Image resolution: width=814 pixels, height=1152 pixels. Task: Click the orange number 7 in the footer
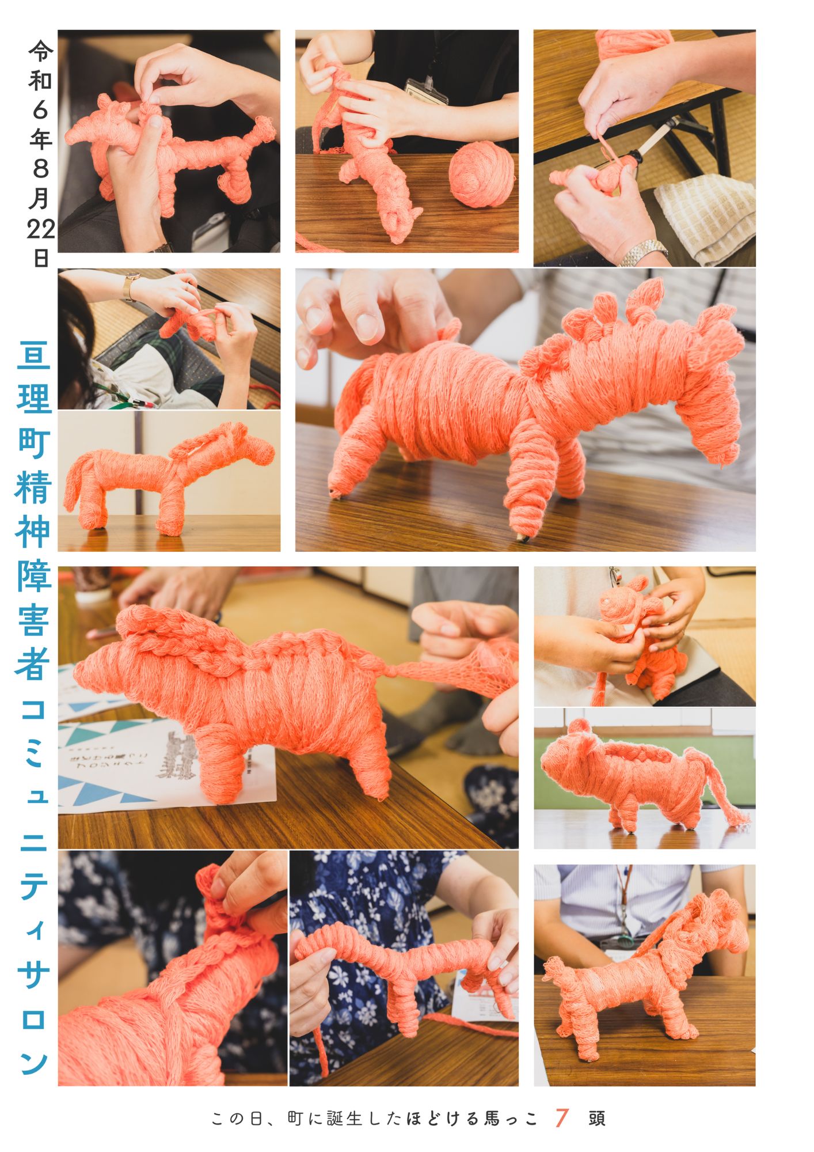(x=562, y=1118)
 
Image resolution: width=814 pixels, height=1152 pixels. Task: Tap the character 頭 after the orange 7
(x=597, y=1119)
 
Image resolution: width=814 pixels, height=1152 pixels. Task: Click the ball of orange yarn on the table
(x=481, y=173)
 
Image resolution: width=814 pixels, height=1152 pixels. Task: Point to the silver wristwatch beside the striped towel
(x=644, y=252)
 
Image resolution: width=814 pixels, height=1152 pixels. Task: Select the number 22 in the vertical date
(x=40, y=229)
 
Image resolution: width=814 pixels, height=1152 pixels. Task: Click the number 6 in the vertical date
(x=40, y=109)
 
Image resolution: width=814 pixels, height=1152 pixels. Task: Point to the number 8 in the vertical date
(x=40, y=168)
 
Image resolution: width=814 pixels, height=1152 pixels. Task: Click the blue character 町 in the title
(x=34, y=444)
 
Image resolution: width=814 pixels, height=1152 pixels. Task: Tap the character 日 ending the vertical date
(x=40, y=257)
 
